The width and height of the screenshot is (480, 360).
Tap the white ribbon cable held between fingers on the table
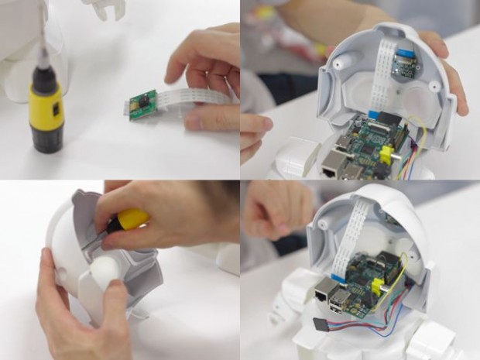coord(186,101)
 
